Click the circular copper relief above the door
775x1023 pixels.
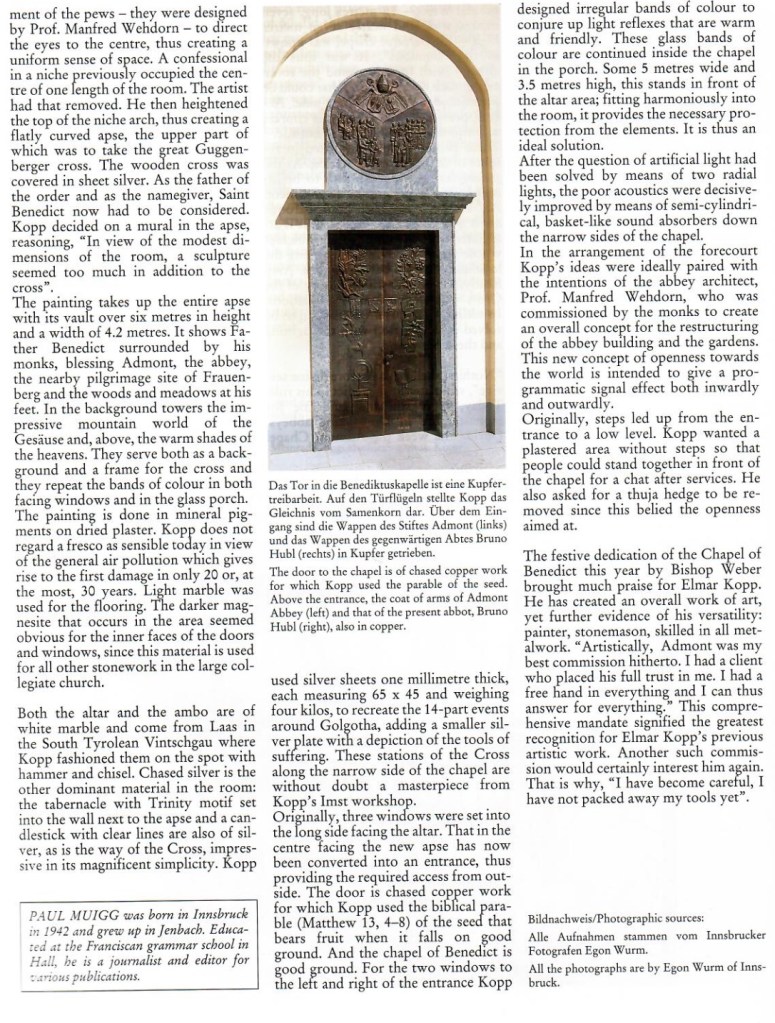(x=381, y=123)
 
